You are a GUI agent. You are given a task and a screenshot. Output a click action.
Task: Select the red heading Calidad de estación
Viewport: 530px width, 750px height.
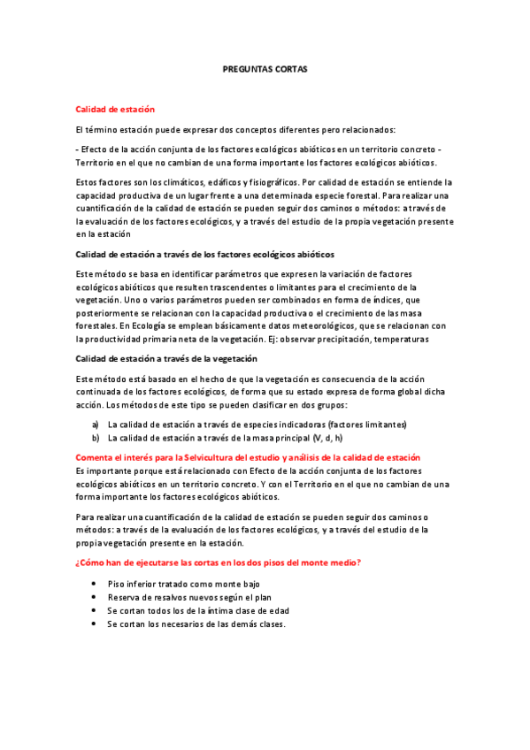click(115, 109)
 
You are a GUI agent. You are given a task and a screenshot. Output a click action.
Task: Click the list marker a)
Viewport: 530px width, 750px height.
click(96, 425)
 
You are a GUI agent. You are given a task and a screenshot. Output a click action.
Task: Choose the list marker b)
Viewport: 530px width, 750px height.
click(96, 437)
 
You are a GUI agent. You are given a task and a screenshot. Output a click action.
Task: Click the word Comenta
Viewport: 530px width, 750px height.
click(98, 458)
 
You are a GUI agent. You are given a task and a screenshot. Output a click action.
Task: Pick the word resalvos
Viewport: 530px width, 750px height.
click(167, 598)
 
